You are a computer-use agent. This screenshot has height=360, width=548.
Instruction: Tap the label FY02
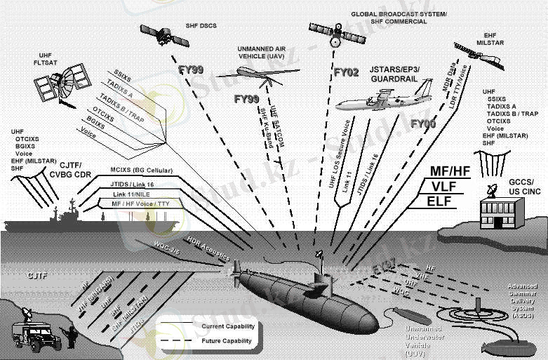[x=345, y=72]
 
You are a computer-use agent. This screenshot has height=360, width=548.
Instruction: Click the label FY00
[x=423, y=124]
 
